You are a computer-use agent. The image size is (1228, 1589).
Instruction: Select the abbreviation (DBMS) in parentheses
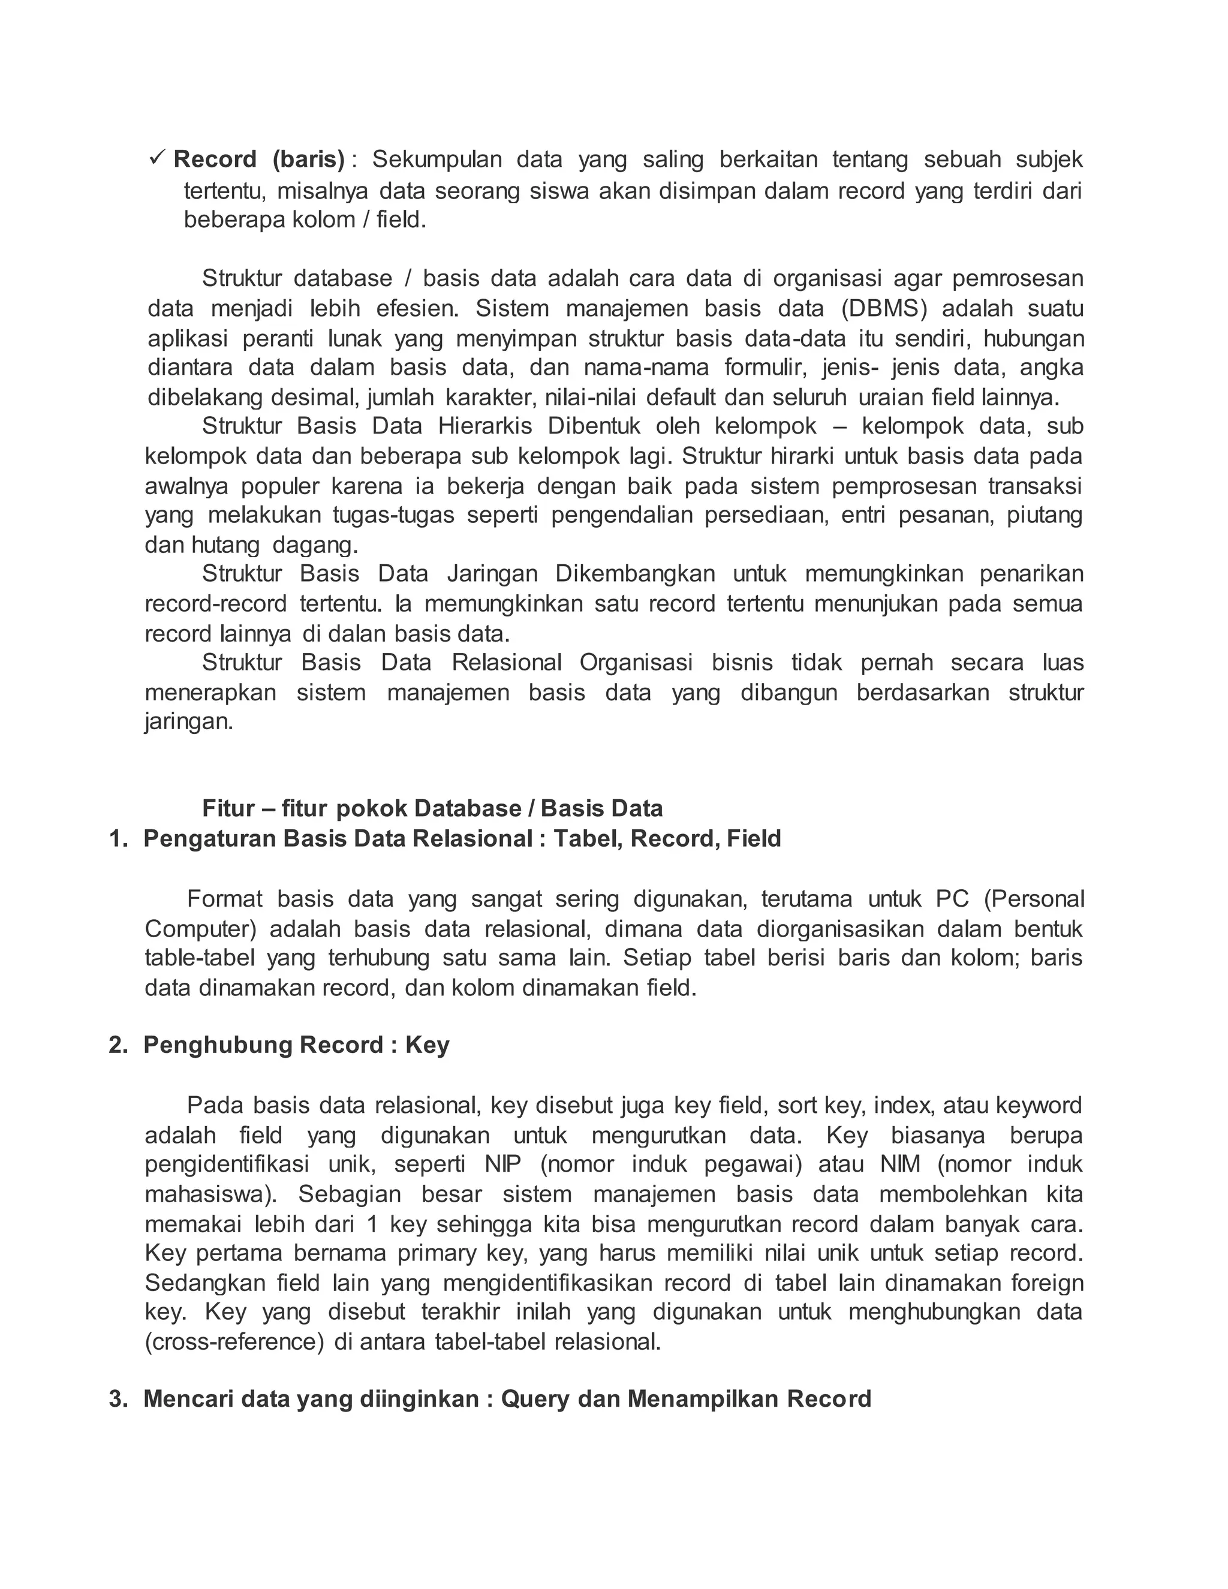884,308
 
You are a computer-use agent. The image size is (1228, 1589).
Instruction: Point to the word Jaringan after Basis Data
492,574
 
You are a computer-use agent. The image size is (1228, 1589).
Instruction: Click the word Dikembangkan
635,574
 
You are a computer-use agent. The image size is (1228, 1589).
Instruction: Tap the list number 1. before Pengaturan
119,839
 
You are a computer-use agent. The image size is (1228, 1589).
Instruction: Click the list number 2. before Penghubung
119,1046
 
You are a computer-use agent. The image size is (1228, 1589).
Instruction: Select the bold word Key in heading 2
427,1046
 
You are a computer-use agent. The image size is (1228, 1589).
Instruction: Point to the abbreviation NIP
502,1165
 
